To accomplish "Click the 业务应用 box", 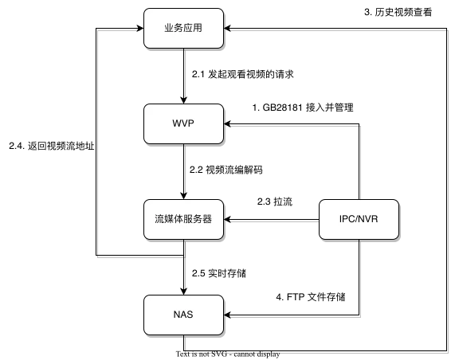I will tap(182, 28).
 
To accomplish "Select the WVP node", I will tap(182, 123).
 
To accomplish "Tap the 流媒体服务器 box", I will tap(182, 218).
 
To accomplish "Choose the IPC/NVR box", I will tap(359, 218).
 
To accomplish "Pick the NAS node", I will tap(182, 314).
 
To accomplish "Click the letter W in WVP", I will tap(175, 123).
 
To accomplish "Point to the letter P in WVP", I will tap(191, 123).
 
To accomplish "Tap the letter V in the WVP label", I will tap(183, 123).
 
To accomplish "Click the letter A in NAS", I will tap(182, 314).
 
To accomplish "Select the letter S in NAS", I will tap(190, 314).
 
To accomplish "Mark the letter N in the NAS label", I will tap(175, 314).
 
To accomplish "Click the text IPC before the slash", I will tap(347, 218).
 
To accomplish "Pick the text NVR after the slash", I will tap(371, 218).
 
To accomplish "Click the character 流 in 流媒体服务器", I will tap(159, 218).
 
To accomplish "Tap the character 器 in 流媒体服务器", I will tap(207, 218).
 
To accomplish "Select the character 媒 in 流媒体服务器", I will tap(169, 218).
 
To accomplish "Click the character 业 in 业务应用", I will tap(168, 28).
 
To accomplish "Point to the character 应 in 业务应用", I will tap(187, 28).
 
